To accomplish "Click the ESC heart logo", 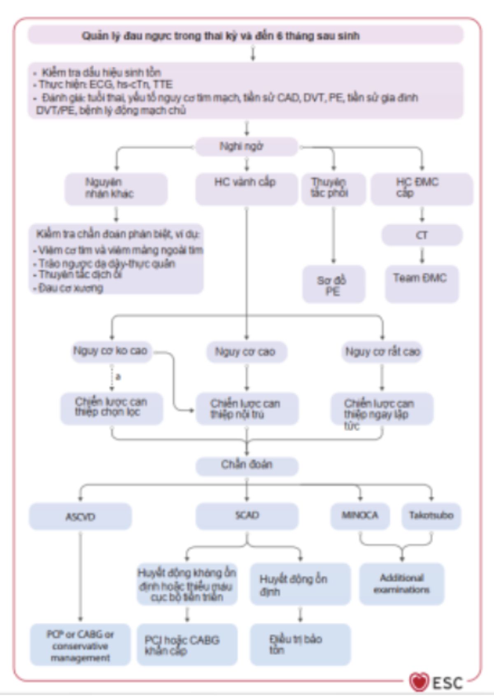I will [x=419, y=682].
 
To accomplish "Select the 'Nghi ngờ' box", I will [x=246, y=147].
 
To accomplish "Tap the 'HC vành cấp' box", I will [x=246, y=189].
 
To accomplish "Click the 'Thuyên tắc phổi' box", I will [x=333, y=189].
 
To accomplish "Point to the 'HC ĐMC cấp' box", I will [x=422, y=189].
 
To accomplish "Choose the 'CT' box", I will [x=422, y=235].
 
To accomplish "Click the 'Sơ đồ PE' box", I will [x=333, y=284].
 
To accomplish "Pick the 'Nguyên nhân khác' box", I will [x=116, y=189].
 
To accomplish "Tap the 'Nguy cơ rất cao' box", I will [x=382, y=352].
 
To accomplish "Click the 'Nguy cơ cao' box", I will [x=246, y=352].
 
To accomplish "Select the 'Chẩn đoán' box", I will [x=247, y=465].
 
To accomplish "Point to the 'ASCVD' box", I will [x=80, y=516].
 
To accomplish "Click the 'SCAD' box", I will [x=247, y=516].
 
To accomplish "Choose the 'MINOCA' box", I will [x=360, y=516].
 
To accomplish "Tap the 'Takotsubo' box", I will [x=431, y=516].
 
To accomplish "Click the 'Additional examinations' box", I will [x=401, y=584].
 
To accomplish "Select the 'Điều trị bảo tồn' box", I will [x=300, y=644].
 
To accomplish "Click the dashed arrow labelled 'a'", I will [x=112, y=377].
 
